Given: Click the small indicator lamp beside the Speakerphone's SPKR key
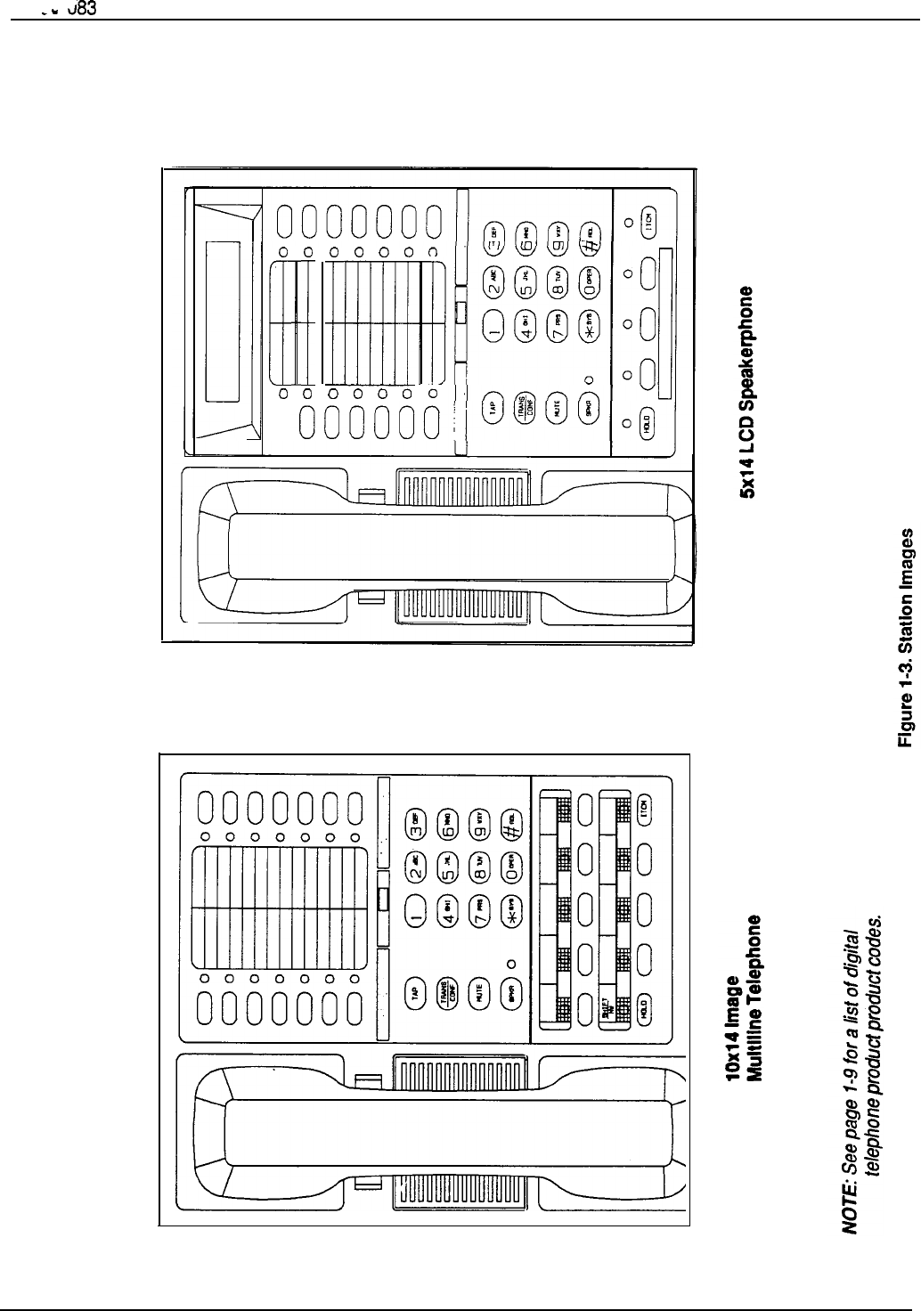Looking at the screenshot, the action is pyautogui.click(x=588, y=381).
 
